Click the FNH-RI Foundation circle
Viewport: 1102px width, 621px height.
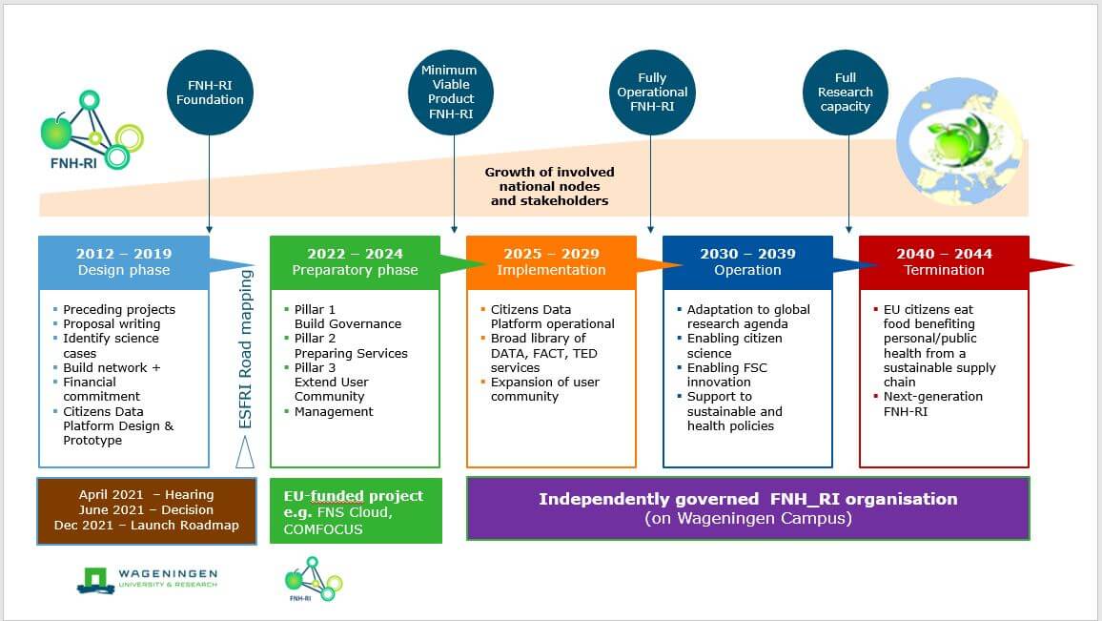click(x=210, y=92)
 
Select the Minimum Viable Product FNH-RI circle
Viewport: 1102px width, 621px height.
click(x=449, y=92)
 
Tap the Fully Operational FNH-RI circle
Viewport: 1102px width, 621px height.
click(x=652, y=92)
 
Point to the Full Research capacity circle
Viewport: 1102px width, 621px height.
click(x=846, y=92)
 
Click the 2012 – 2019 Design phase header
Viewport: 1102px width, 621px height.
click(x=124, y=262)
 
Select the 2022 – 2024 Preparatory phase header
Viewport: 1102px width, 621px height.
click(x=355, y=262)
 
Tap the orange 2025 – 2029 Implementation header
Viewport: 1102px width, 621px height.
click(x=551, y=262)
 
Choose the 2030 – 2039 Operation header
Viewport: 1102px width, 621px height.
click(x=747, y=262)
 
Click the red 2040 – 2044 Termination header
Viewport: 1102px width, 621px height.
click(x=944, y=262)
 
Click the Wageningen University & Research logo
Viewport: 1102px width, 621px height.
click(x=147, y=579)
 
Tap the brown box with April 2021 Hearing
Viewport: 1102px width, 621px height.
click(x=147, y=510)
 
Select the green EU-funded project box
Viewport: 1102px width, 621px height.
click(x=356, y=511)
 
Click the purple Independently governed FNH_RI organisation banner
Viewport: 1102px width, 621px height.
click(x=747, y=508)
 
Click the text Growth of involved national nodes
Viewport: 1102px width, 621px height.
click(x=550, y=186)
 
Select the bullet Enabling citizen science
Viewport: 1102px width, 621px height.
click(x=734, y=346)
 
